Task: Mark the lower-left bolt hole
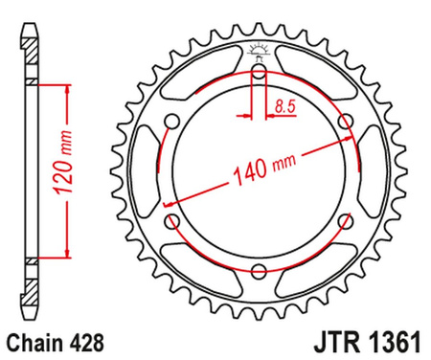click(x=172, y=223)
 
